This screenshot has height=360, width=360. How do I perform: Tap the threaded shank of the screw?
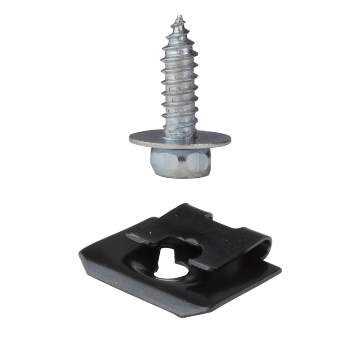click(x=180, y=81)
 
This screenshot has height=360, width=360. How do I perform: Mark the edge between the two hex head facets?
click(x=184, y=163)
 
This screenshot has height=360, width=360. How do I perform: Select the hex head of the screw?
click(x=180, y=162)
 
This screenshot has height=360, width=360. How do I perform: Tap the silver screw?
click(x=180, y=99)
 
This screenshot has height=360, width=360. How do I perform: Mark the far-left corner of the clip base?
click(x=81, y=256)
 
